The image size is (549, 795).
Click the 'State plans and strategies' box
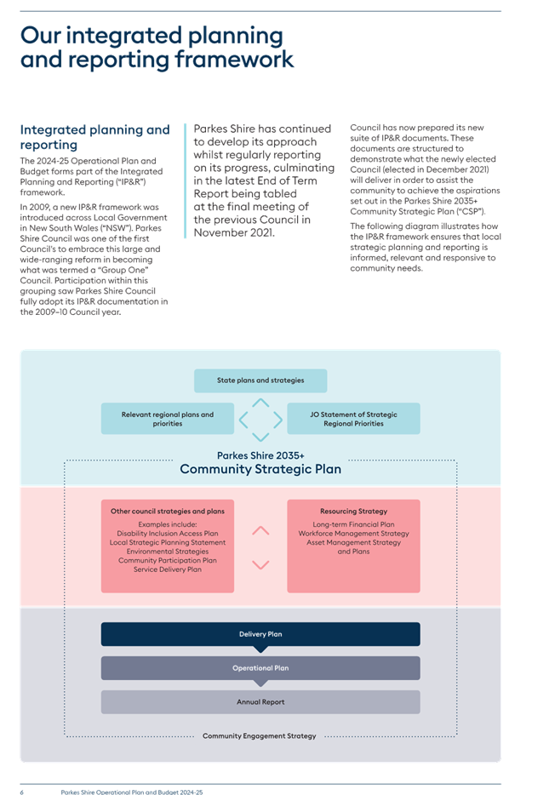tap(260, 380)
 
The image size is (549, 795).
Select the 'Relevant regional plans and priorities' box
tap(168, 419)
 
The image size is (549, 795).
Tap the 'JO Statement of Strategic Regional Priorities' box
tap(353, 419)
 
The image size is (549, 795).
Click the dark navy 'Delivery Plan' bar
tap(260, 634)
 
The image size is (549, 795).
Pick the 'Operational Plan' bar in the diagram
tap(260, 667)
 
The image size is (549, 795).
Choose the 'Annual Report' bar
tap(260, 701)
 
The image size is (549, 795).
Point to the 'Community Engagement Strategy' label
tap(259, 735)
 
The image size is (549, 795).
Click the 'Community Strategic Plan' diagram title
tap(260, 469)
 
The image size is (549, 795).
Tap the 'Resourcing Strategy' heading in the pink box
tap(353, 511)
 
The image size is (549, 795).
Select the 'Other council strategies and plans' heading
tap(168, 511)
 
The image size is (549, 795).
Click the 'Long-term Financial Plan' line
tap(353, 524)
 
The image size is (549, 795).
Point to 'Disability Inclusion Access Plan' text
tap(168, 534)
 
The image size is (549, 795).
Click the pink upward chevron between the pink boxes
tap(260, 530)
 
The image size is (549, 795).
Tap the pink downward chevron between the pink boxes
tap(260, 565)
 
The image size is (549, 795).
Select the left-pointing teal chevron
tap(243, 420)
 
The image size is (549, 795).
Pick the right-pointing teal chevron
tap(278, 420)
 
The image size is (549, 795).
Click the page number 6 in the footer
tap(22, 792)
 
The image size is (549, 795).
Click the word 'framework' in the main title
tap(234, 60)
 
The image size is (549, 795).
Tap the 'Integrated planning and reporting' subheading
tap(94, 137)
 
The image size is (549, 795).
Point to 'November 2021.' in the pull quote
tap(234, 232)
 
